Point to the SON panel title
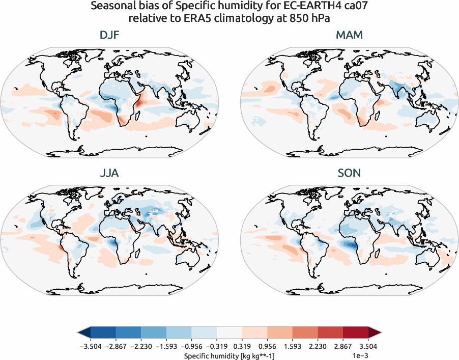point(349,173)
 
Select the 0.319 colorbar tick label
point(242,346)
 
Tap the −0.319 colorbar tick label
point(217,346)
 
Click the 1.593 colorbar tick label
point(293,346)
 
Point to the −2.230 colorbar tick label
point(141,346)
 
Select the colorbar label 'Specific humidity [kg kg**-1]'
point(230,354)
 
